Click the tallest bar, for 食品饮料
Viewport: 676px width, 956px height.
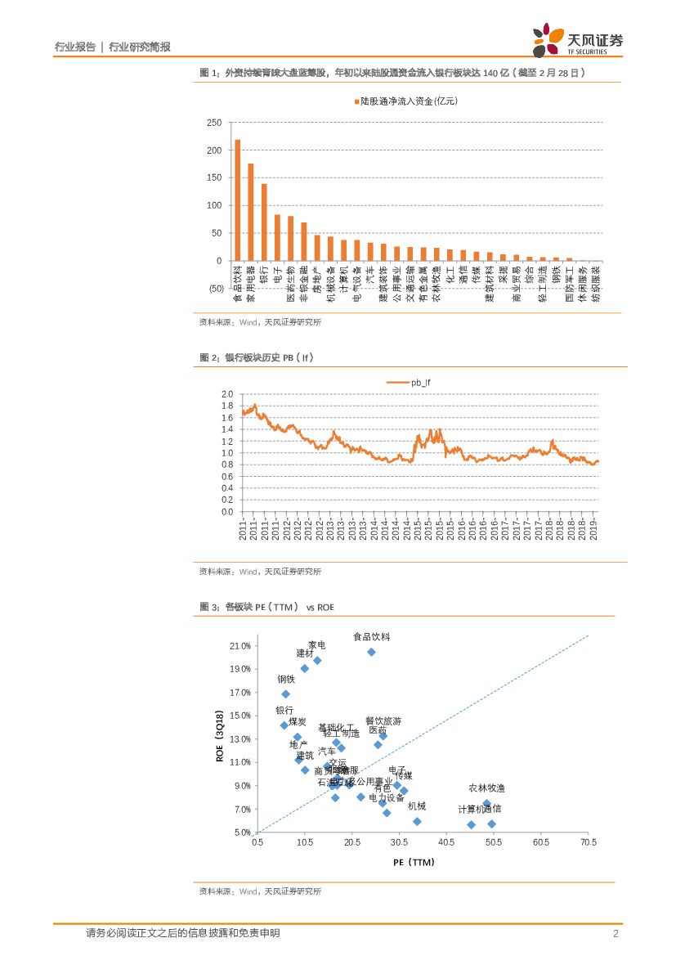pyautogui.click(x=238, y=200)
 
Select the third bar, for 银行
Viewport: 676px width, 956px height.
pyautogui.click(x=264, y=222)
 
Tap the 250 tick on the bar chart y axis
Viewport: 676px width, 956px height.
pyautogui.click(x=214, y=123)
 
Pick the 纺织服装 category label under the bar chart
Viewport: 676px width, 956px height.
pyautogui.click(x=596, y=283)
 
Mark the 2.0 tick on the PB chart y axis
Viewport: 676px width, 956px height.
pyautogui.click(x=227, y=394)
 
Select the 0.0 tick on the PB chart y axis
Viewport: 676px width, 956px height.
pyautogui.click(x=227, y=512)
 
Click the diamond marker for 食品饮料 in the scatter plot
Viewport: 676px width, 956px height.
pyautogui.click(x=371, y=652)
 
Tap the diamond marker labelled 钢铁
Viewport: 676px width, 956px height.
pyautogui.click(x=285, y=693)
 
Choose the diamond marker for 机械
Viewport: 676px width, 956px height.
pyautogui.click(x=417, y=821)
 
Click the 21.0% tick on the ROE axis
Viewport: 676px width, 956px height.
pyautogui.click(x=240, y=646)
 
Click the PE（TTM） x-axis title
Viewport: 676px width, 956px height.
pyautogui.click(x=413, y=862)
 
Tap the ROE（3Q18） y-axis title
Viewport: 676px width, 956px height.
pyautogui.click(x=220, y=736)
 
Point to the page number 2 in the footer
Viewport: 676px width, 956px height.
pyautogui.click(x=615, y=933)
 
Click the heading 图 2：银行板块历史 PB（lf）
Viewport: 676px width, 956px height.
pyautogui.click(x=257, y=357)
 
